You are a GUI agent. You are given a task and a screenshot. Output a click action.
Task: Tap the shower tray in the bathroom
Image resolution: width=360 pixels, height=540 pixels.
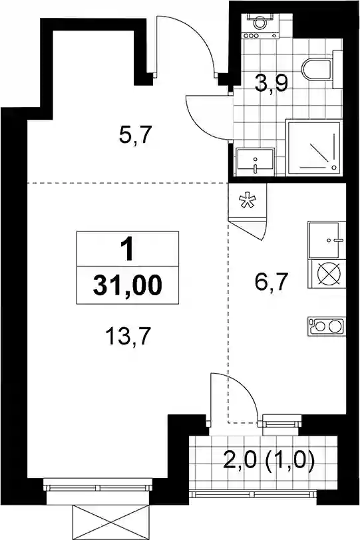coord(315,148)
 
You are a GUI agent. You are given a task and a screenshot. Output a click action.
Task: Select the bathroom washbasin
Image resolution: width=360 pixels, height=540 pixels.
coord(255,162)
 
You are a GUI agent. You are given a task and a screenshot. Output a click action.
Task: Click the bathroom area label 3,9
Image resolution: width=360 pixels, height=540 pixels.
coord(271,83)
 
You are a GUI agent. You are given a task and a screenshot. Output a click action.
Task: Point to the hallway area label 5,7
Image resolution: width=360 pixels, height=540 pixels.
coord(135,135)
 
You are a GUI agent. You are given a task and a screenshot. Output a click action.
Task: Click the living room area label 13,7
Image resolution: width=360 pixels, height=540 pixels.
coord(128,336)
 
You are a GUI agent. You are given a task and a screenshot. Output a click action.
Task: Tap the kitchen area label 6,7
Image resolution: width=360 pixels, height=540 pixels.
coord(271,282)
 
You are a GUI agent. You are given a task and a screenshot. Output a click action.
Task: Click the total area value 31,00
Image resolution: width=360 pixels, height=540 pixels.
coord(128,285)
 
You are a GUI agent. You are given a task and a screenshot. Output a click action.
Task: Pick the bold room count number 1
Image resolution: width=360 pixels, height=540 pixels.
coord(128,249)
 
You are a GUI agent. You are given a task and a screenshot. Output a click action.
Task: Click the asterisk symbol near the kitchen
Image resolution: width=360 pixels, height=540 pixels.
coord(248,201)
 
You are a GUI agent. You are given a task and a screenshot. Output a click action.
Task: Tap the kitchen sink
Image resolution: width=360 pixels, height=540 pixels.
coord(327,239)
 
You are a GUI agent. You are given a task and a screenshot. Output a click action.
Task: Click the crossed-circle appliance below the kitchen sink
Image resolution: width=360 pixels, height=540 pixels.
coord(328,274)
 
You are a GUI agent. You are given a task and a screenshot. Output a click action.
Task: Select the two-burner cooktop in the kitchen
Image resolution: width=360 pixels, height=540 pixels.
coord(326,326)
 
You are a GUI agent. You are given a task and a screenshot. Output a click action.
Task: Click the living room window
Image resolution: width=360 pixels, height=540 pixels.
coord(98,487)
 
